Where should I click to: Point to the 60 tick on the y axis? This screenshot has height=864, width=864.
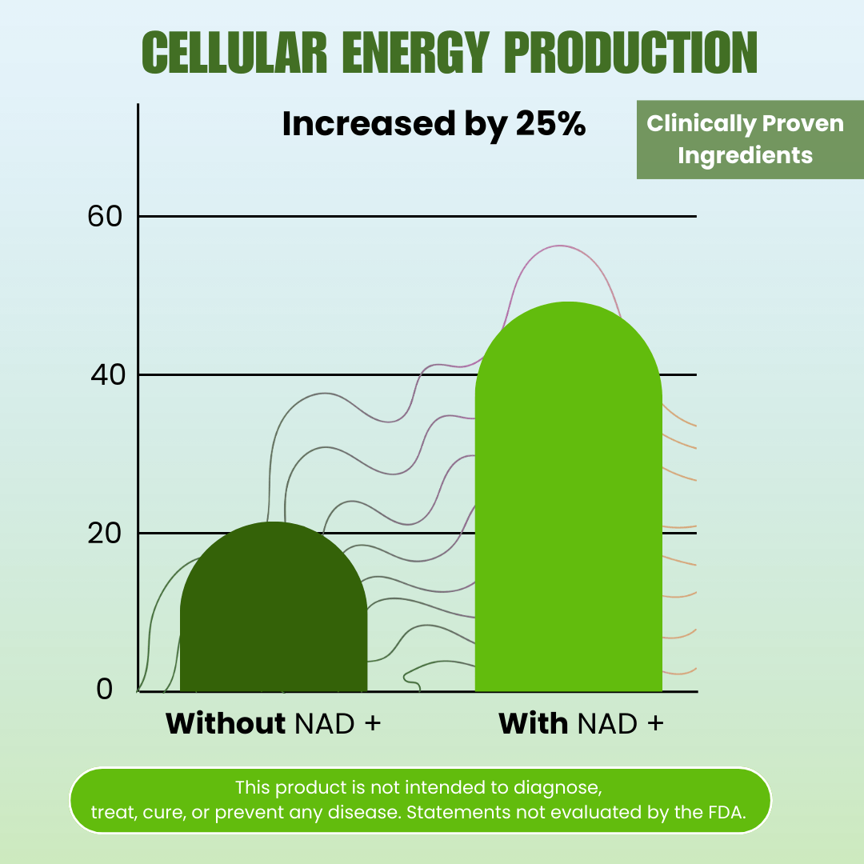point(104,216)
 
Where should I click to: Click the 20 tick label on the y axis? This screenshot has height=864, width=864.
point(106,533)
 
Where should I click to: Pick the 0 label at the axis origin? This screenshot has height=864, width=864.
point(105,689)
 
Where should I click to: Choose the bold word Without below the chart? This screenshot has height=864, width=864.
point(226,723)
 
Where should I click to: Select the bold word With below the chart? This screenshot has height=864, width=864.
point(533,723)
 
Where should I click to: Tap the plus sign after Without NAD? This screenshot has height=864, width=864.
point(372,724)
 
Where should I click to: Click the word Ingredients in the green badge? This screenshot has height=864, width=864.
point(745,155)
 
